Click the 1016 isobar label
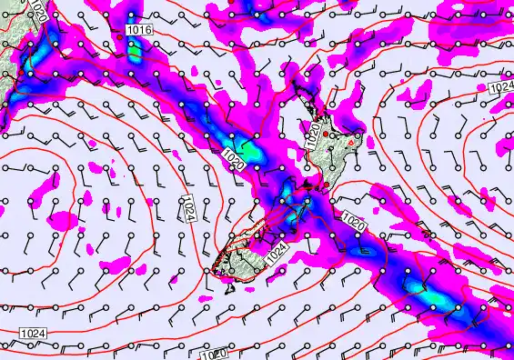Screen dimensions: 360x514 pyautogui.click(x=139, y=31)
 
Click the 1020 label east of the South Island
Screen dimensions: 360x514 pyautogui.click(x=354, y=219)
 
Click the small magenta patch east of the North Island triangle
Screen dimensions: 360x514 pyautogui.click(x=367, y=141)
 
